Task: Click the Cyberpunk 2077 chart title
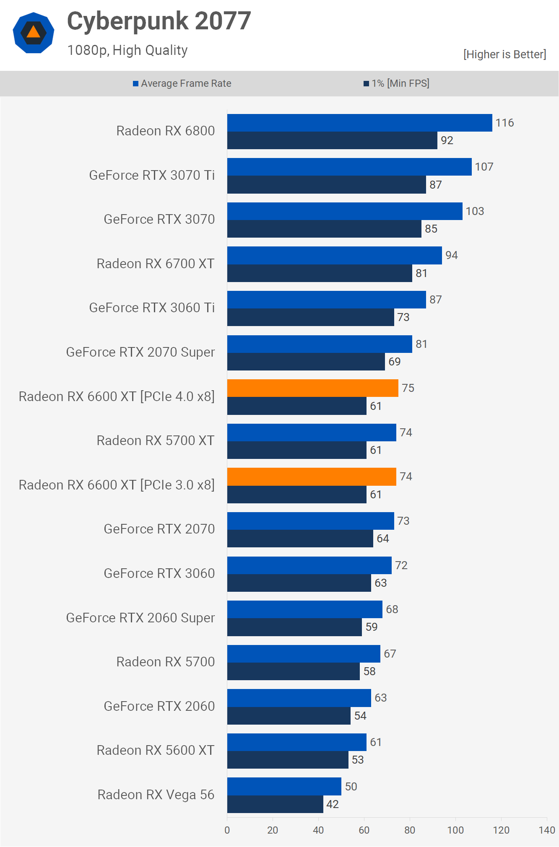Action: pyautogui.click(x=159, y=21)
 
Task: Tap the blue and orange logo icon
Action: pyautogui.click(x=34, y=33)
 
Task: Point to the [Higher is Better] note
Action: pyautogui.click(x=504, y=54)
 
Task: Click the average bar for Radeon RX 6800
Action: pyautogui.click(x=359, y=123)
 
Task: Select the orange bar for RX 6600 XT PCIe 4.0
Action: pyautogui.click(x=312, y=388)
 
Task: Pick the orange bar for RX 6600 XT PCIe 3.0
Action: pyautogui.click(x=312, y=477)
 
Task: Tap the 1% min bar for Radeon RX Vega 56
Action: pyautogui.click(x=275, y=804)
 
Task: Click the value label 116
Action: pyautogui.click(x=504, y=123)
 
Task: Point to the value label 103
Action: pyautogui.click(x=475, y=211)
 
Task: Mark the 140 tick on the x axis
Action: pyautogui.click(x=547, y=830)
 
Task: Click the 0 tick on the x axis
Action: pyautogui.click(x=227, y=830)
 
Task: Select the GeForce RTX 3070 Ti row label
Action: pyautogui.click(x=152, y=175)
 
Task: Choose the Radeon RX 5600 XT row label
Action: pyautogui.click(x=156, y=750)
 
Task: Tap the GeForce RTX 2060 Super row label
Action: pyautogui.click(x=140, y=618)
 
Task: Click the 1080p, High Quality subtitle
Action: pyautogui.click(x=127, y=50)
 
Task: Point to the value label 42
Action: pyautogui.click(x=333, y=804)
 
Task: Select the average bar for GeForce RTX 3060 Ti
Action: pyautogui.click(x=326, y=300)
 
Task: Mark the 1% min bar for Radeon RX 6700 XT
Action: pyautogui.click(x=320, y=273)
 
